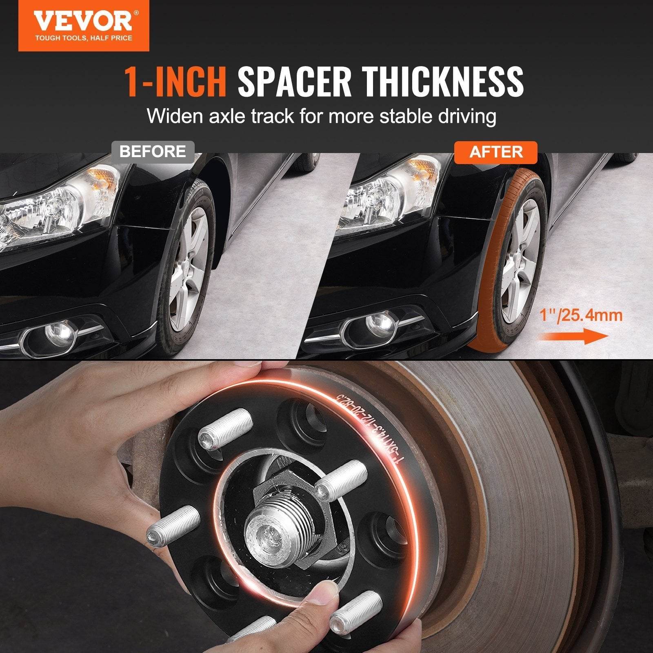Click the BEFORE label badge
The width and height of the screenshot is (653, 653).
(153, 152)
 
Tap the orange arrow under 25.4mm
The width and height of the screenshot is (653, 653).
(573, 337)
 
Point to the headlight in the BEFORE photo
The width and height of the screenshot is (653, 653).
(61, 204)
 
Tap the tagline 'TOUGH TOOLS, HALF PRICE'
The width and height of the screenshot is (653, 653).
(83, 38)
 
